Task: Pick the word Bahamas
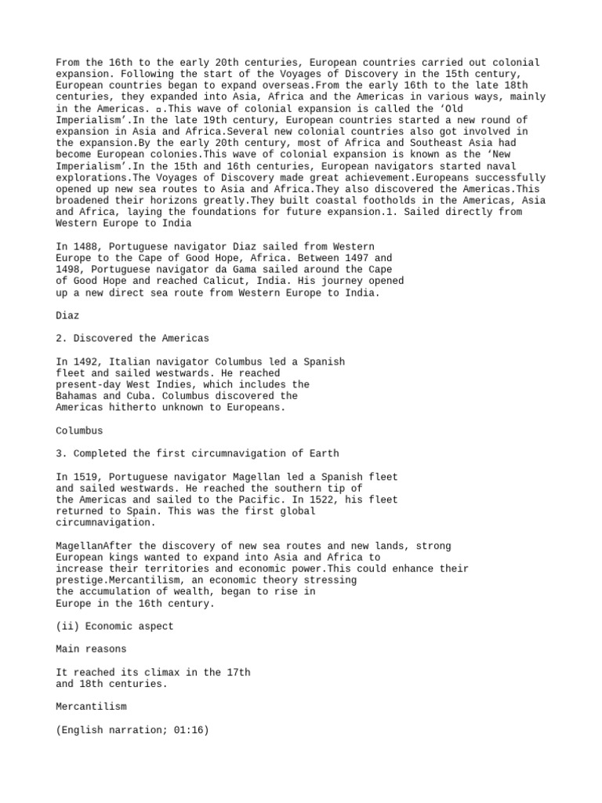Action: click(x=77, y=396)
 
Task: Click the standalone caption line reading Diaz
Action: click(x=67, y=315)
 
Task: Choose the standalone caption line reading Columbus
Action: click(x=79, y=431)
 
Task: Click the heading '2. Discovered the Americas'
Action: click(x=132, y=339)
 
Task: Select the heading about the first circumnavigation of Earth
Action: click(x=197, y=453)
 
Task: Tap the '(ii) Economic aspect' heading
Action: click(x=114, y=626)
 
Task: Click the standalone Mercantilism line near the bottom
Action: click(x=91, y=707)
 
